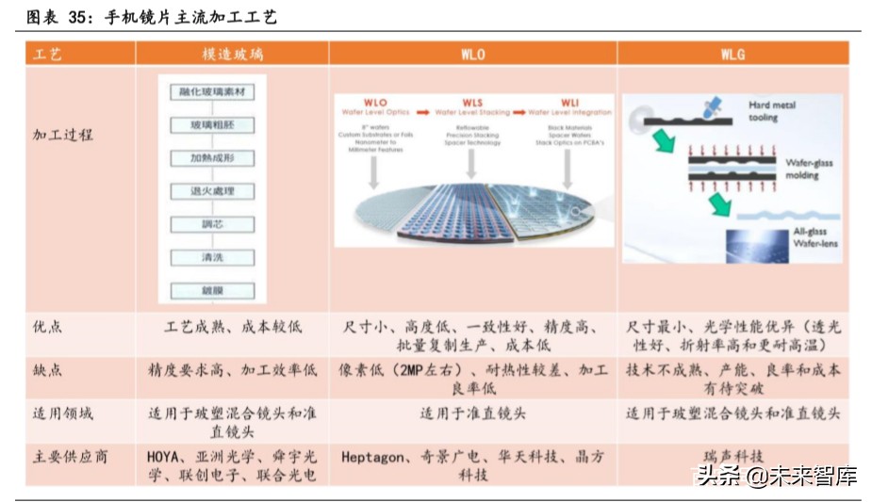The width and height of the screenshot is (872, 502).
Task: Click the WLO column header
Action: pos(472,55)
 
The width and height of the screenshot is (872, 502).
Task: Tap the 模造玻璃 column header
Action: pos(231,55)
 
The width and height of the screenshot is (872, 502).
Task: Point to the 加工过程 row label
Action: pos(63,135)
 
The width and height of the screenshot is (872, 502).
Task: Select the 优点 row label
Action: pos(47,327)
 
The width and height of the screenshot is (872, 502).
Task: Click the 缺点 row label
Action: pos(47,370)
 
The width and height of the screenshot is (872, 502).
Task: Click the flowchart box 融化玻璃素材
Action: pos(212,91)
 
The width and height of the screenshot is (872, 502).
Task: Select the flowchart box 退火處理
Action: pos(212,191)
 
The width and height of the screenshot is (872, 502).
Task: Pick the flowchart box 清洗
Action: pos(212,257)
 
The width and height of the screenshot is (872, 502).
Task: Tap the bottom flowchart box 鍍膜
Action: pos(212,290)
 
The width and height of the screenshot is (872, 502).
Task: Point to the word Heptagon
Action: pos(373,457)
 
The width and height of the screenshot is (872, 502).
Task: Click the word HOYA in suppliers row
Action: pos(165,457)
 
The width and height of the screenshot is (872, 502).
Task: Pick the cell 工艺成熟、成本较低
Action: pos(233,327)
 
